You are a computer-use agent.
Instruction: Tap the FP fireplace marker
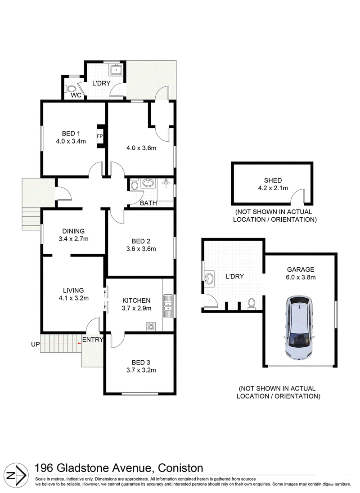coord(99,136)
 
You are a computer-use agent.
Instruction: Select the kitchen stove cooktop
coord(151,327)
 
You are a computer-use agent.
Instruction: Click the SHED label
coord(273,180)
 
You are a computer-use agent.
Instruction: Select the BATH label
coord(148,203)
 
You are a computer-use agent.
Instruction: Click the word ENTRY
coord(93,340)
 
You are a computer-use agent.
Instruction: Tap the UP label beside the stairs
coord(35,344)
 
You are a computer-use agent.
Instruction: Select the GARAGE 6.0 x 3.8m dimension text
coord(301,277)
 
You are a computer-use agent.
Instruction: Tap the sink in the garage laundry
coord(209,278)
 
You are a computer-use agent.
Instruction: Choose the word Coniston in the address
coord(180,468)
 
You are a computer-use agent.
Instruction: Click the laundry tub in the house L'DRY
coord(116,70)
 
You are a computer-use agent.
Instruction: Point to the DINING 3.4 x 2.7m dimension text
coord(73,239)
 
